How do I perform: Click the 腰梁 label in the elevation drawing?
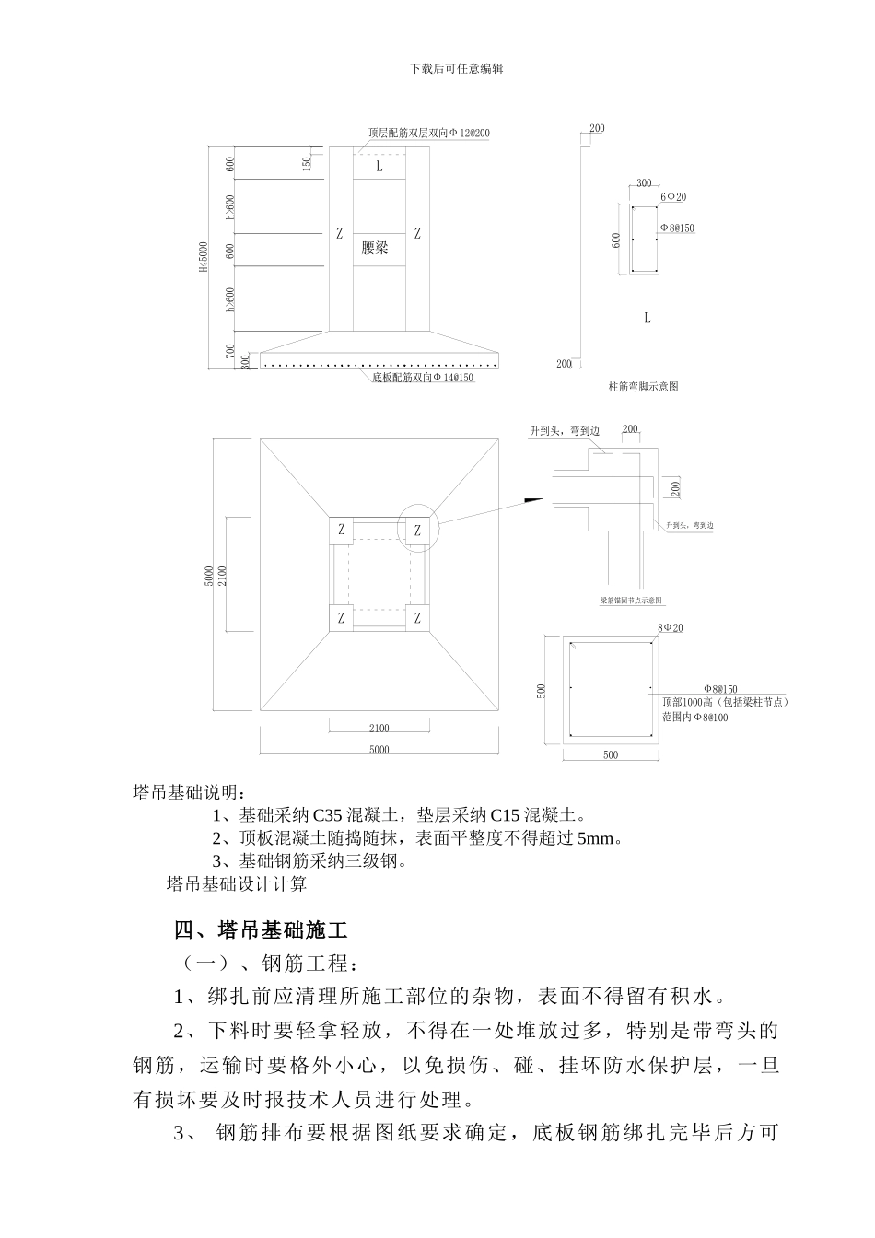pyautogui.click(x=375, y=248)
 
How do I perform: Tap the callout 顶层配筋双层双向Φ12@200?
pyautogui.click(x=429, y=133)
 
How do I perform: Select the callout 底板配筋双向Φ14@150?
pyautogui.click(x=423, y=379)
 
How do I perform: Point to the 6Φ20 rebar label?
pyautogui.click(x=672, y=197)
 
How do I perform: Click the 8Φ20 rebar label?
pyautogui.click(x=671, y=628)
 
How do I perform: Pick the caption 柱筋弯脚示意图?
pyautogui.click(x=644, y=387)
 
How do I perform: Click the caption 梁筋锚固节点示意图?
pyautogui.click(x=631, y=600)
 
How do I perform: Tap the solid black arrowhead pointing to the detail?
pyautogui.click(x=533, y=500)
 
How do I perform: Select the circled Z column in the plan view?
pyautogui.click(x=417, y=531)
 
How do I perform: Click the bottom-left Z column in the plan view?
pyautogui.click(x=342, y=618)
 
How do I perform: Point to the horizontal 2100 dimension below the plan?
pyautogui.click(x=379, y=729)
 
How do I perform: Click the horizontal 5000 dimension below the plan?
pyautogui.click(x=379, y=750)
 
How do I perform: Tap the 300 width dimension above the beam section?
pyautogui.click(x=644, y=183)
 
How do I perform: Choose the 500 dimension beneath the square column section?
pyautogui.click(x=611, y=755)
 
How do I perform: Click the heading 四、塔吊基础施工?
pyautogui.click(x=261, y=929)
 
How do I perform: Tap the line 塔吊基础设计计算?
pyautogui.click(x=237, y=884)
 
